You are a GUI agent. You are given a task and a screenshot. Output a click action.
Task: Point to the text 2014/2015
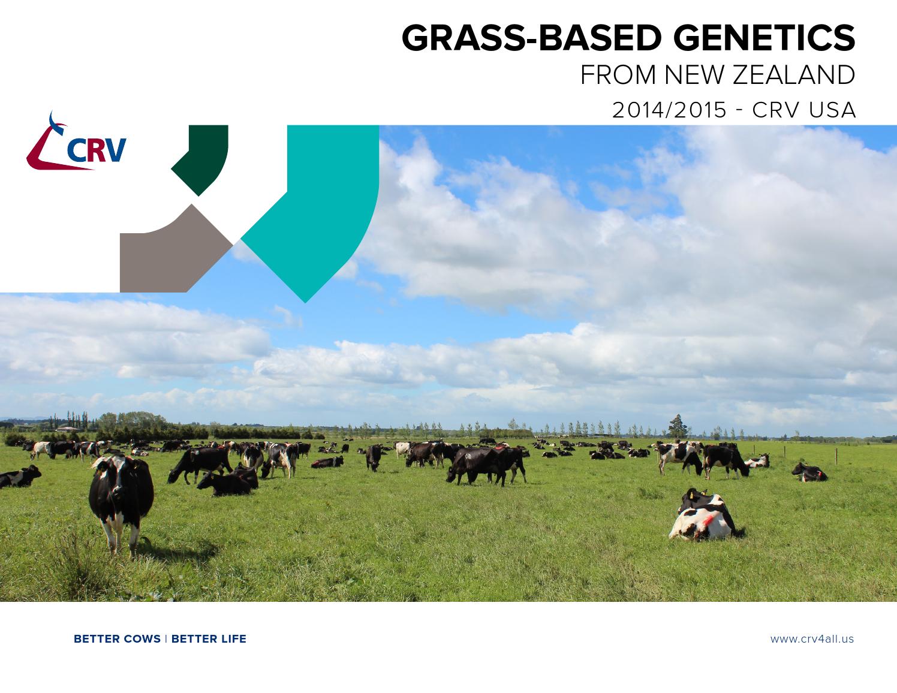pos(669,110)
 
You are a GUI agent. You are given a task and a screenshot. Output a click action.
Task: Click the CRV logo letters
pos(97,150)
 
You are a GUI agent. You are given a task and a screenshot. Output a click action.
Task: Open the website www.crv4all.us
pos(812,639)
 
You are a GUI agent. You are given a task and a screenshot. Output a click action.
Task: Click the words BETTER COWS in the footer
pos(117,639)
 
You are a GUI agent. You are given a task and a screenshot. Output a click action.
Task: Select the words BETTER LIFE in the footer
pos(209,639)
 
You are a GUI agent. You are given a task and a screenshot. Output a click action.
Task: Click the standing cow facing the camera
pos(120,498)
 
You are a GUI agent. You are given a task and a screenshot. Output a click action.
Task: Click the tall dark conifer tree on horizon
pos(677,426)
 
